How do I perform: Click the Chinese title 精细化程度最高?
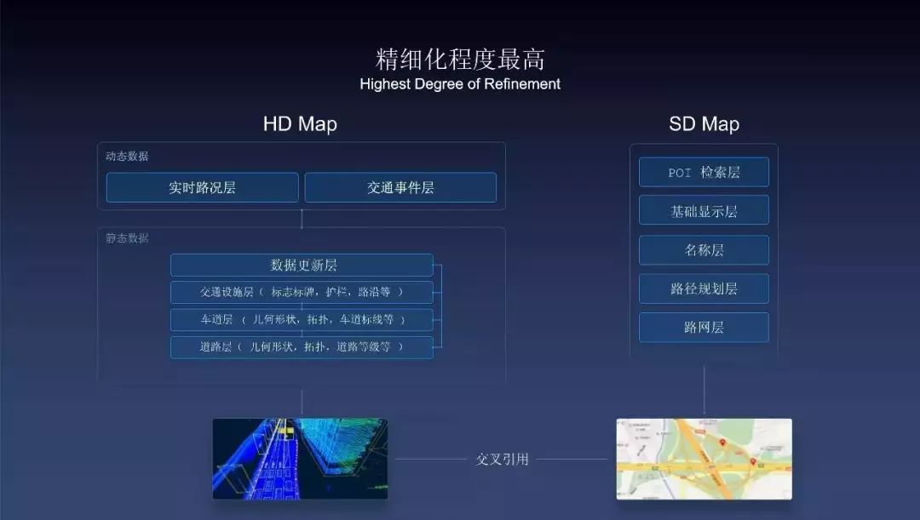click(460, 60)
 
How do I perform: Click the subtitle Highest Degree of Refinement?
click(460, 84)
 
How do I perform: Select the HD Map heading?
click(300, 124)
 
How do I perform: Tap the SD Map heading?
click(704, 124)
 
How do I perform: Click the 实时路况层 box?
click(202, 187)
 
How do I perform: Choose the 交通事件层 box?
click(400, 187)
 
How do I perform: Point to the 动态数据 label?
click(127, 157)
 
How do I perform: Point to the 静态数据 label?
click(127, 238)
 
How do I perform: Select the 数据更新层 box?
click(302, 266)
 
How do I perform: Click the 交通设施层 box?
click(302, 293)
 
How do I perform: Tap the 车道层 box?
click(302, 320)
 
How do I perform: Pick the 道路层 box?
click(302, 347)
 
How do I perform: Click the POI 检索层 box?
click(704, 172)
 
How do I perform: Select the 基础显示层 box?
click(704, 210)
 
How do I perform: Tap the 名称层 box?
click(704, 250)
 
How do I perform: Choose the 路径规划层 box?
click(704, 289)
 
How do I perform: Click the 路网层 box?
click(704, 328)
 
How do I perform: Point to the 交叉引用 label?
click(502, 460)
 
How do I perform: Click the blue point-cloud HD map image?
click(300, 458)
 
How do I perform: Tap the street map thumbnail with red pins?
click(704, 458)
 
